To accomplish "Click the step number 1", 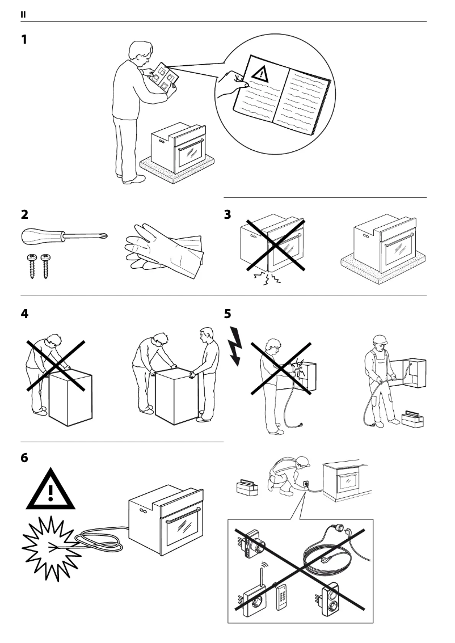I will [x=24, y=40].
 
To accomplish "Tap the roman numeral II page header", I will [x=23, y=14].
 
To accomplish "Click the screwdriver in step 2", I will [x=62, y=235].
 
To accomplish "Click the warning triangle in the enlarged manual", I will [x=260, y=73].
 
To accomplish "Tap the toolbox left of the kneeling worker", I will [x=247, y=486].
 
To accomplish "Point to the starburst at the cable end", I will [x=50, y=547].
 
